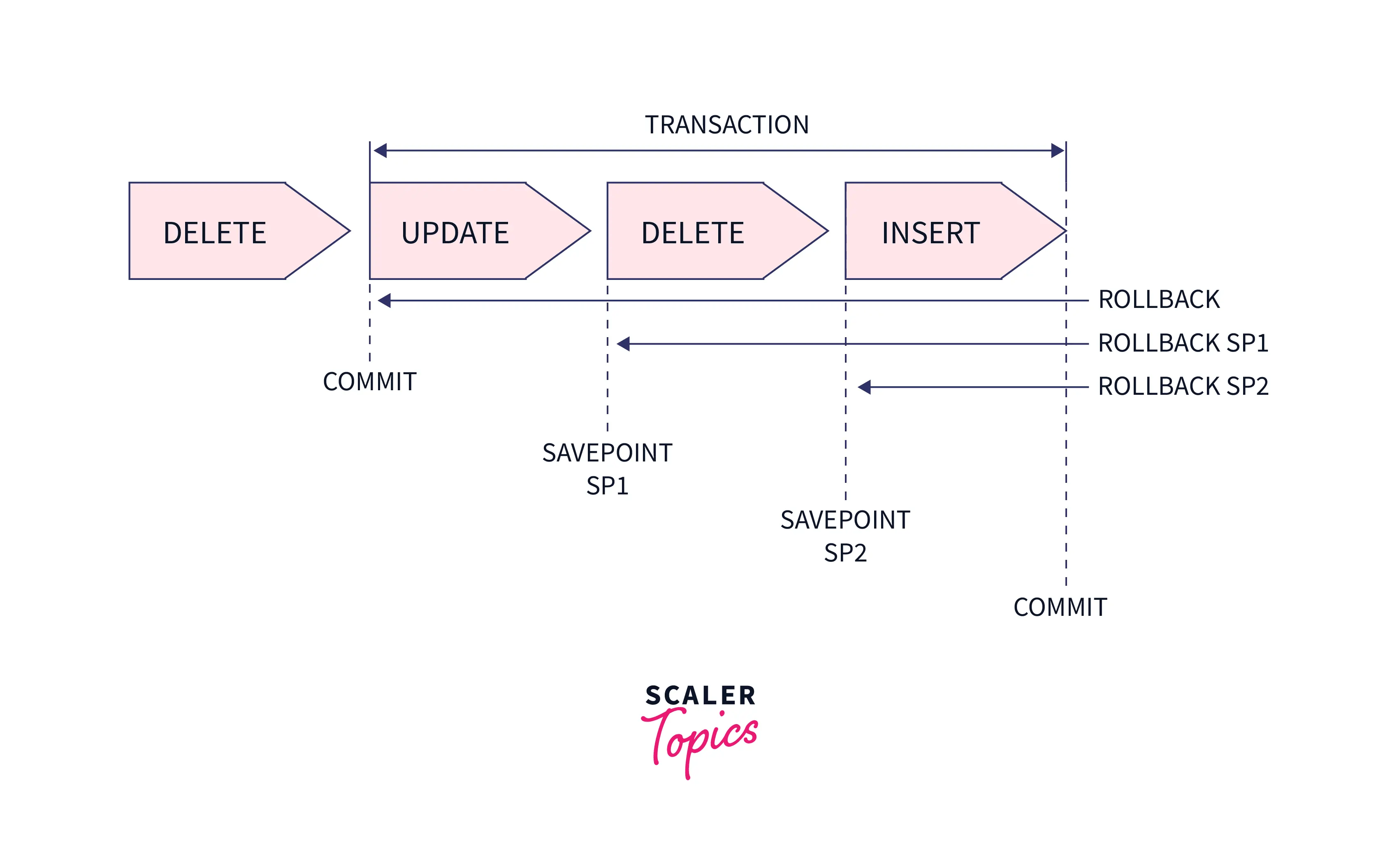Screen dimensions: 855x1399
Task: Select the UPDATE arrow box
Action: click(466, 232)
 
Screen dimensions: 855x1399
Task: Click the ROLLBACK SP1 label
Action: click(1183, 343)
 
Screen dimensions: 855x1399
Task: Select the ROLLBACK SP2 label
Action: click(1183, 386)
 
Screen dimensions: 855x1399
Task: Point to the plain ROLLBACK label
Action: click(1158, 299)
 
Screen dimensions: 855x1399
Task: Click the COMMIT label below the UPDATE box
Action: click(370, 381)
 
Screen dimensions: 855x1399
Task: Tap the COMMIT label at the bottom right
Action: click(1060, 607)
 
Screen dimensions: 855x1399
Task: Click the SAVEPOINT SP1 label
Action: click(607, 469)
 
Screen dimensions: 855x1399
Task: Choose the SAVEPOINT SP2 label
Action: click(845, 536)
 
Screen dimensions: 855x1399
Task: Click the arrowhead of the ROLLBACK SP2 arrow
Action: click(864, 387)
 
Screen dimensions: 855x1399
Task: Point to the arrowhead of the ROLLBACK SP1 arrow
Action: click(624, 344)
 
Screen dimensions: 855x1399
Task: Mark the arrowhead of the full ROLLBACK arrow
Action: click(384, 301)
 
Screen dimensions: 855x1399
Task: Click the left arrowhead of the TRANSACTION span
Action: click(380, 151)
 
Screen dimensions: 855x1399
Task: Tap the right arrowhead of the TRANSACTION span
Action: click(1057, 151)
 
